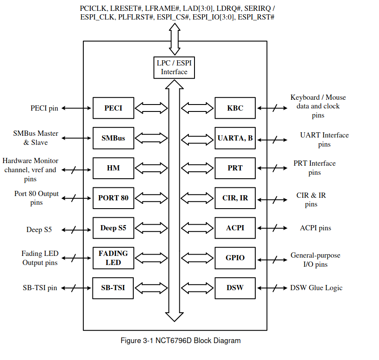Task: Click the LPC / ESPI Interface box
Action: point(174,68)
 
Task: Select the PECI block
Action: point(113,108)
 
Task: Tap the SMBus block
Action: point(113,138)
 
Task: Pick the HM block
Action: point(113,168)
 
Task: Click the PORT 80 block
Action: point(113,198)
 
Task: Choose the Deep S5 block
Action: point(113,228)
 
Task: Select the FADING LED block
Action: point(113,258)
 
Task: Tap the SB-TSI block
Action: point(113,288)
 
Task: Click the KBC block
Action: point(235,108)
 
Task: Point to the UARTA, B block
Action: point(235,138)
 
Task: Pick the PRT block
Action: point(235,168)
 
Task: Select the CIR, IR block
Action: point(235,198)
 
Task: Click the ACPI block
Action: point(235,228)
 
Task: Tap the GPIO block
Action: point(235,258)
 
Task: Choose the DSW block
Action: point(235,288)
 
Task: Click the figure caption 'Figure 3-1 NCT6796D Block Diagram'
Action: point(180,340)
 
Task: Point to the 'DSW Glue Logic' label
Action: point(316,288)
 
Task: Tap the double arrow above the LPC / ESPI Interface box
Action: point(175,39)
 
